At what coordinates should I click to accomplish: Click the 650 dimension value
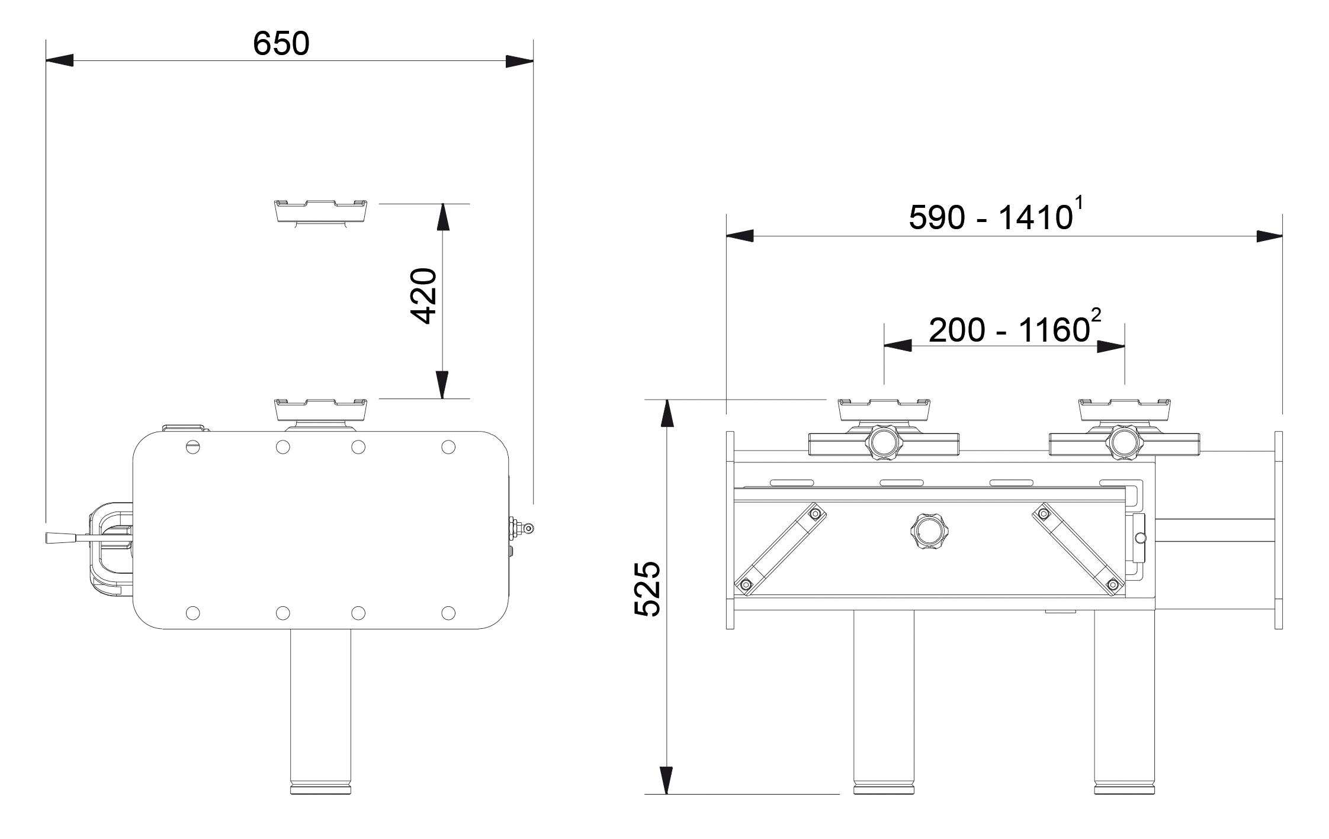(281, 44)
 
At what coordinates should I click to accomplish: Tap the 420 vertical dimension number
(424, 296)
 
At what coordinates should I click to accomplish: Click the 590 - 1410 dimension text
(990, 218)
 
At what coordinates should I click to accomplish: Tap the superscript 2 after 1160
(1096, 316)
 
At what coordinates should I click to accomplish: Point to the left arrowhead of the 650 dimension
(59, 60)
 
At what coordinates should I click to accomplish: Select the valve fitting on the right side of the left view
(522, 526)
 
